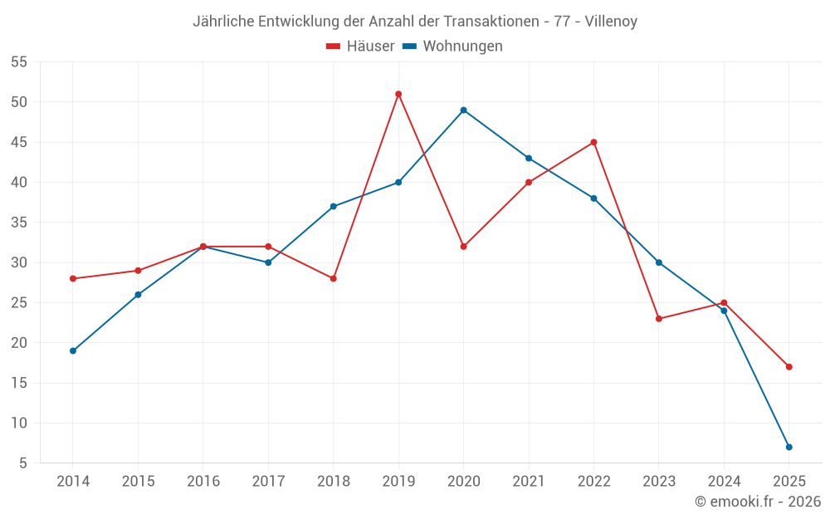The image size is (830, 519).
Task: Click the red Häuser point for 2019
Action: coord(398,94)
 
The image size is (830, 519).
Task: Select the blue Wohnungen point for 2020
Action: coord(463,110)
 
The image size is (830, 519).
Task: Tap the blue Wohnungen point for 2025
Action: coord(788,447)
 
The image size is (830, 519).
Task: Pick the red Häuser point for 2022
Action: coord(593,142)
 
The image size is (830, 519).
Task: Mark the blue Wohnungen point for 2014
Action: coord(73,350)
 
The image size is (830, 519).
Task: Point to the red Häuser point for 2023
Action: coord(659,319)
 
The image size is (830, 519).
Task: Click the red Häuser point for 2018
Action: coord(333,278)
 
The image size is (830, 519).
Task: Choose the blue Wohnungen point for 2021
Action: coord(529,158)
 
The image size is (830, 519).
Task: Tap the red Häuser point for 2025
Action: coord(788,366)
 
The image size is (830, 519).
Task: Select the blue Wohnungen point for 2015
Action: coord(138,295)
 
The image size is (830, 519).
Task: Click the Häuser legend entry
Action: coord(361,47)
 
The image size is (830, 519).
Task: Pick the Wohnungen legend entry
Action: coord(453,47)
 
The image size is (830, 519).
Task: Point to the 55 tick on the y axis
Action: coord(19,62)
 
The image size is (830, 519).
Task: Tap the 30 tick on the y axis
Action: coord(19,262)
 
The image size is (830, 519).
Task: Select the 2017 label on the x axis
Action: coord(268,482)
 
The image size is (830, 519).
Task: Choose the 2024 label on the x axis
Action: coord(724,482)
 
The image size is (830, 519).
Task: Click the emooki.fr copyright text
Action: coord(758,502)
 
